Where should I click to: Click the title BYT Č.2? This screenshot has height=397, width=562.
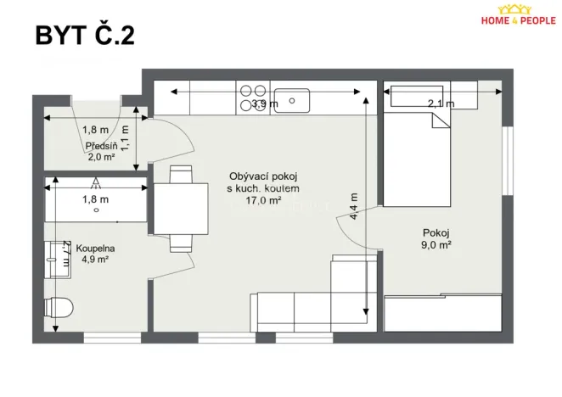pyautogui.click(x=84, y=35)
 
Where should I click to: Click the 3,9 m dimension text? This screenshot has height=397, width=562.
pyautogui.click(x=264, y=104)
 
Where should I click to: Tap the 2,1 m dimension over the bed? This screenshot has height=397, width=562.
pyautogui.click(x=441, y=103)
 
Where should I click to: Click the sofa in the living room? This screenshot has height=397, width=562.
pyautogui.click(x=306, y=301)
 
